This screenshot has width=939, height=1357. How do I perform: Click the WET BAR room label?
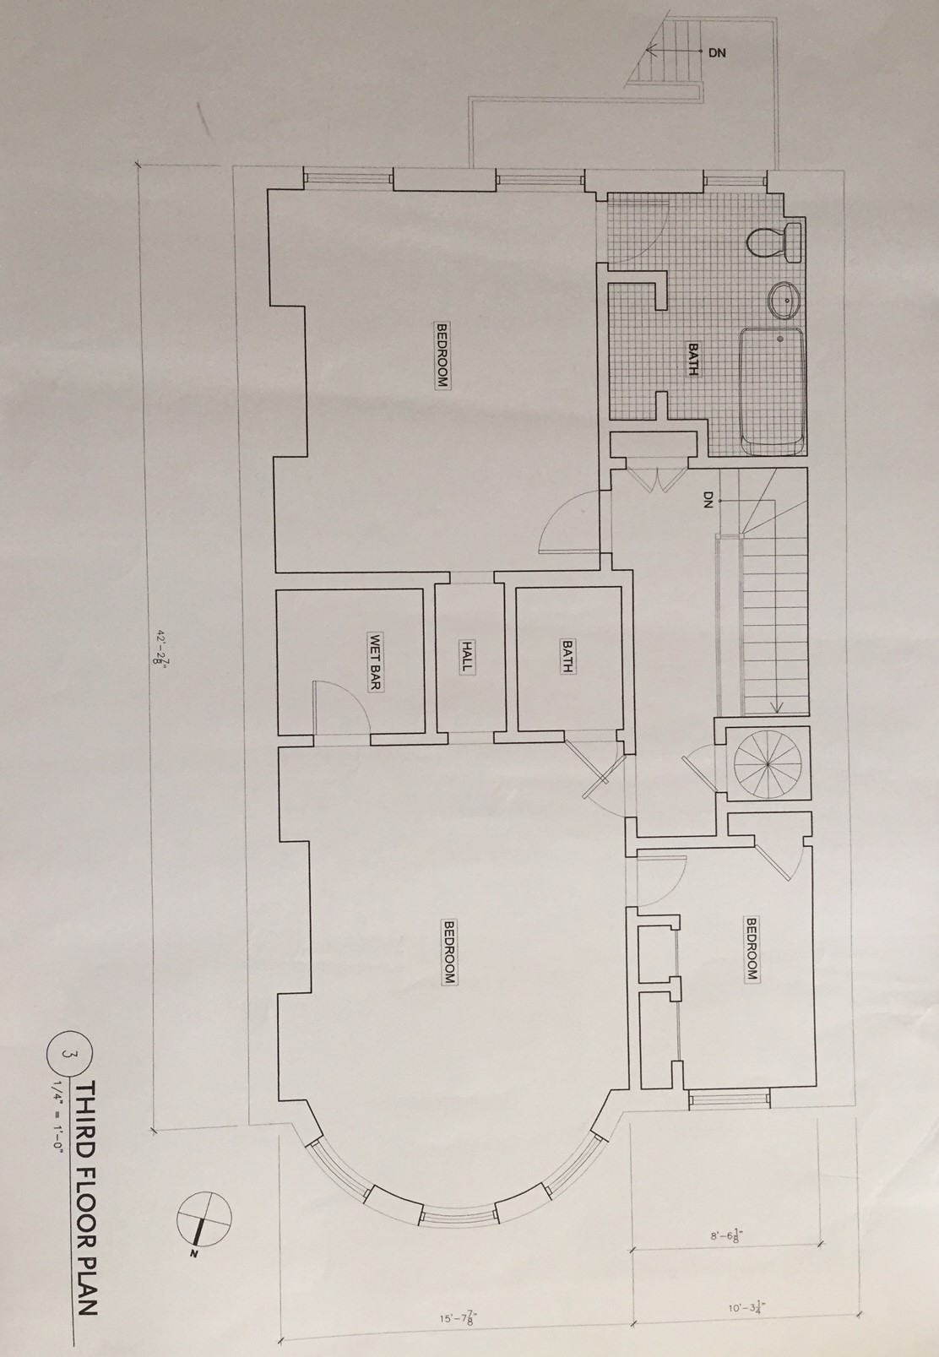(x=375, y=661)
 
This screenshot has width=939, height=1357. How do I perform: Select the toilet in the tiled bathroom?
(x=773, y=242)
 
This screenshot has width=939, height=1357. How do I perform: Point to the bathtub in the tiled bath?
(x=771, y=391)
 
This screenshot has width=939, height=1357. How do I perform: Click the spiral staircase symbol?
(x=768, y=764)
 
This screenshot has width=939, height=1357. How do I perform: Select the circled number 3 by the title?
(x=68, y=1055)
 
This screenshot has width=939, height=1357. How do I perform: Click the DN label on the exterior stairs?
(x=717, y=52)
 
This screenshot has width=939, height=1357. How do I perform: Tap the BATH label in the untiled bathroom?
(x=567, y=657)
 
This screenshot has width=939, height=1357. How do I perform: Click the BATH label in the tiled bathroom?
(x=692, y=359)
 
